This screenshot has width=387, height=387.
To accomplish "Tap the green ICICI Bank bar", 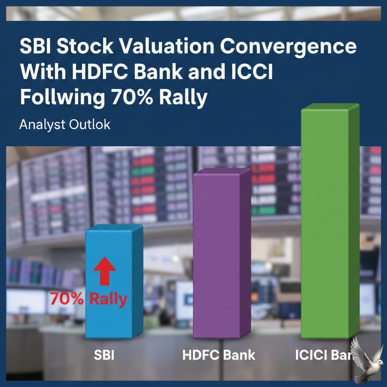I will (x=329, y=223).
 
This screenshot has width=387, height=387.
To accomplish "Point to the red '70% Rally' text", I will (x=88, y=299).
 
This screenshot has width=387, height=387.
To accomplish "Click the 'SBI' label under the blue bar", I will (x=104, y=356).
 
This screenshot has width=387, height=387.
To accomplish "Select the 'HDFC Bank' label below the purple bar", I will (x=218, y=355).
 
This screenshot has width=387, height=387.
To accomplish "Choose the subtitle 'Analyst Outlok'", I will (x=65, y=124).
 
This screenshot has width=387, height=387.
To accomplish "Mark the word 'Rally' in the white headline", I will (x=183, y=98).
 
